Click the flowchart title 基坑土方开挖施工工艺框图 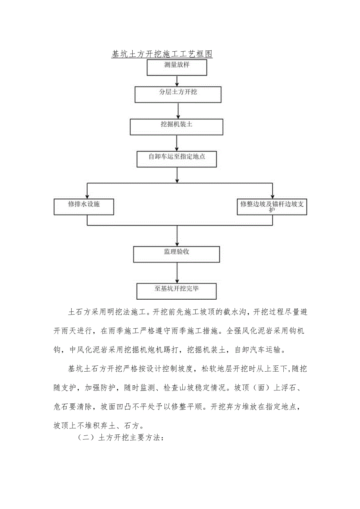(x=162, y=54)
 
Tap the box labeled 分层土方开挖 (x=178, y=94)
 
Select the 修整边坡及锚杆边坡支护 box (x=272, y=207)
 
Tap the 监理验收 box (x=177, y=254)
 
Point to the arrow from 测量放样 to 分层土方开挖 (x=177, y=81)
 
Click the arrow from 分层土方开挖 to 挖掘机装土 (x=178, y=111)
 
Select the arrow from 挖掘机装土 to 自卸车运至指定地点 (x=177, y=143)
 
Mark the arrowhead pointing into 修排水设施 (x=87, y=196)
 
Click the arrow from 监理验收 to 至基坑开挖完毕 (x=177, y=272)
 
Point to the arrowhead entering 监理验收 (x=177, y=243)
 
